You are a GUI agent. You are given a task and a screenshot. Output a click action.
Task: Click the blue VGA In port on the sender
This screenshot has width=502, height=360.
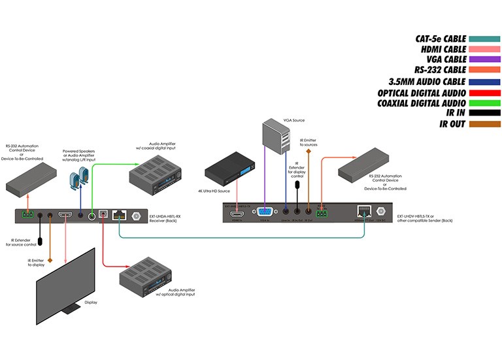[x=265, y=211]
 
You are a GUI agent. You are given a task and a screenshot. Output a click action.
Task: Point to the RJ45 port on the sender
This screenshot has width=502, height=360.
[x=363, y=210]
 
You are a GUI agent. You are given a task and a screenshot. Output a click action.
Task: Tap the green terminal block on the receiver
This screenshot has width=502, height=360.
[x=27, y=215]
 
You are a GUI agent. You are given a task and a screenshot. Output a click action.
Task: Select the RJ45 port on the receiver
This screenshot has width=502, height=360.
[x=118, y=215]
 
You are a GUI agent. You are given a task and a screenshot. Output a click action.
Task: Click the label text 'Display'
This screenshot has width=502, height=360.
[x=92, y=303]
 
